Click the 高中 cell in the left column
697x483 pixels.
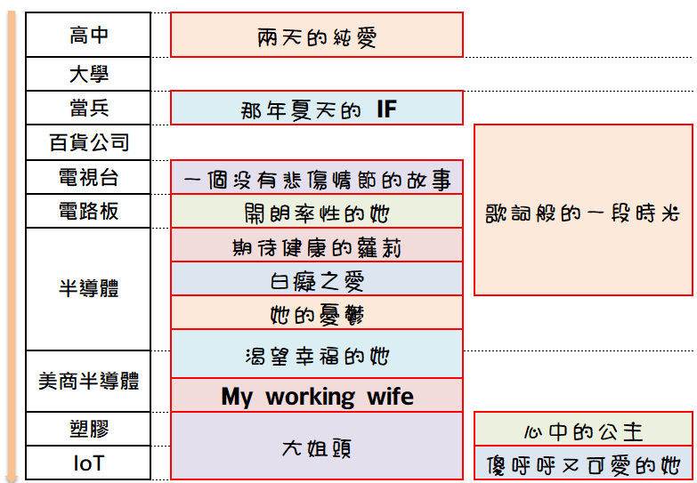(x=88, y=36)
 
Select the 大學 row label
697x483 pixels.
(x=88, y=74)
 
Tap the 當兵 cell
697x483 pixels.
(x=88, y=109)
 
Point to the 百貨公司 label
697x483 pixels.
(x=88, y=142)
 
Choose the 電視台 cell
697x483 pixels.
(x=88, y=177)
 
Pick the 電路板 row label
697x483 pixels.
(x=88, y=212)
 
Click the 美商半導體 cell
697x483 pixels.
(x=88, y=382)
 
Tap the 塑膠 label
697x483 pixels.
(x=88, y=430)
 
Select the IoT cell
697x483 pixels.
(x=88, y=463)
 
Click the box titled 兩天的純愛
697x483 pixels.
(x=317, y=36)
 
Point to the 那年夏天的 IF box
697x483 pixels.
(x=317, y=109)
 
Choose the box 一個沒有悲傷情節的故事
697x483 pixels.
(x=317, y=178)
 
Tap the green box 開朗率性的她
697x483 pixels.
(x=317, y=212)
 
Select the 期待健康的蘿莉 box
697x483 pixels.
(x=317, y=246)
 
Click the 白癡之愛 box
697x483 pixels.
(x=317, y=279)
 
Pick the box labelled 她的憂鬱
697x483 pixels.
(x=317, y=313)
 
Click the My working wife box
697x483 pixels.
(x=317, y=396)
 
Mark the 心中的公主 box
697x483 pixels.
(x=583, y=430)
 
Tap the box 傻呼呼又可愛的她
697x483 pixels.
(x=583, y=463)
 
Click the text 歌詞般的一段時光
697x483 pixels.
(x=583, y=213)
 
